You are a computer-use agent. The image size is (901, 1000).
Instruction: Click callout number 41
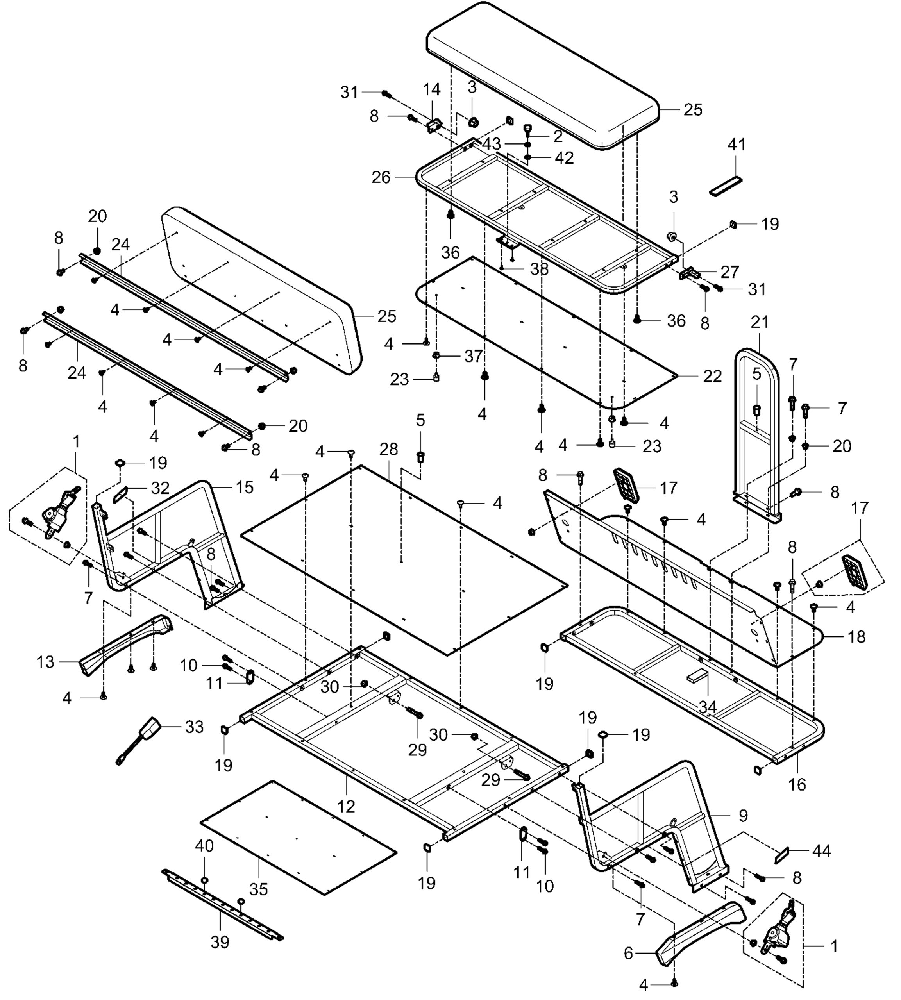pyautogui.click(x=736, y=145)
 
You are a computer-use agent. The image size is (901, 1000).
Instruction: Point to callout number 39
pyautogui.click(x=220, y=943)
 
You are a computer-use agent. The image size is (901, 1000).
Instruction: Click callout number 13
pyautogui.click(x=45, y=662)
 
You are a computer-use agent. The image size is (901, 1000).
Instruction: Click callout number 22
pyautogui.click(x=712, y=377)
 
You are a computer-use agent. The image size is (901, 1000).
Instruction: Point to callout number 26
pyautogui.click(x=381, y=177)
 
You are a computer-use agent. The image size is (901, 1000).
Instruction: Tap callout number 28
pyautogui.click(x=389, y=449)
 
